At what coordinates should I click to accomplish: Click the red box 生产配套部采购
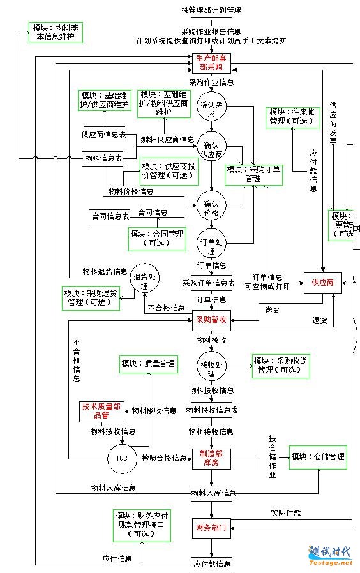(x=211, y=62)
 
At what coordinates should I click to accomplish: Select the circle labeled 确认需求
(x=211, y=109)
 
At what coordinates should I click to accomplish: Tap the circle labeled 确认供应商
(x=211, y=150)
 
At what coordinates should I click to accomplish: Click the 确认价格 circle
(x=211, y=204)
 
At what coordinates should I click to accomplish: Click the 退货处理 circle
(x=146, y=281)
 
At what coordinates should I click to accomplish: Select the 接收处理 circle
(x=211, y=365)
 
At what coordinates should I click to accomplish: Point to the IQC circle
(x=122, y=458)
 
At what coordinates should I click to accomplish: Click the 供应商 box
(x=322, y=281)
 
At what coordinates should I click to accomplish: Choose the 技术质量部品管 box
(x=102, y=411)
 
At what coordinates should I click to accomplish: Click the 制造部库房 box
(x=211, y=458)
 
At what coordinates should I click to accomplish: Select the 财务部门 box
(x=211, y=528)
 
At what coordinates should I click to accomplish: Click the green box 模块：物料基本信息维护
(x=55, y=33)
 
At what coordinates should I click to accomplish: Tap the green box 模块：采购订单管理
(x=253, y=174)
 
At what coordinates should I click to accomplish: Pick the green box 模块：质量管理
(x=148, y=364)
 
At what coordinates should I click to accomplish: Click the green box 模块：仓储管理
(x=318, y=457)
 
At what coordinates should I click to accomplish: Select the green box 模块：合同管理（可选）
(x=157, y=238)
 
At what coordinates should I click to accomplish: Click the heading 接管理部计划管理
(x=211, y=10)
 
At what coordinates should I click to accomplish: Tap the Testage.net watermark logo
(x=329, y=554)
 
